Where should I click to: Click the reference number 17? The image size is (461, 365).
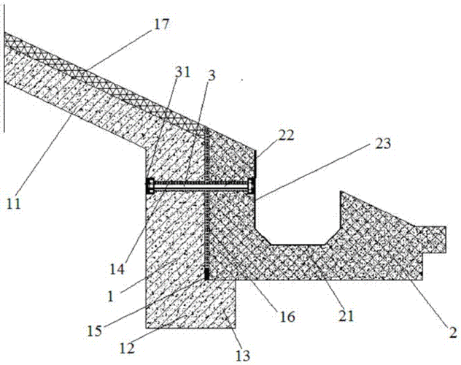coord(161,24)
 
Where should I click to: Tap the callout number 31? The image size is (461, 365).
coord(182,72)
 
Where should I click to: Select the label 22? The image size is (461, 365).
coord(286,136)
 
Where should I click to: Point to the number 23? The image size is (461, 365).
coord(382,144)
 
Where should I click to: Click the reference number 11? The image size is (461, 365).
coord(14,204)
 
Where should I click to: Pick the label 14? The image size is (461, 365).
coord(117,269)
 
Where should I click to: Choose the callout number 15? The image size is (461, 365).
coord(94,331)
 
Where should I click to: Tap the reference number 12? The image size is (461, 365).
coord(127,348)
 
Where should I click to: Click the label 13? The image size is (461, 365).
coord(243,356)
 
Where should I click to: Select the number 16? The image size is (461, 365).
coord(287,317)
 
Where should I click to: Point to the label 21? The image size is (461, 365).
coord(346,317)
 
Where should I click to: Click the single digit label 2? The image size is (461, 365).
coord(453,332)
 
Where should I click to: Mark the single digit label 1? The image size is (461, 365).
coord(111,296)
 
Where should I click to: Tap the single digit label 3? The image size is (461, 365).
coord(212,76)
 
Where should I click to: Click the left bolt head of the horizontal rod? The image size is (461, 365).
coord(150,186)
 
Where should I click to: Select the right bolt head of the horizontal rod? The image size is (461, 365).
coord(252,186)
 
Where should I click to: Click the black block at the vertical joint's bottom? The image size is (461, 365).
coord(206,274)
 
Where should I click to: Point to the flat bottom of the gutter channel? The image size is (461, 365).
coord(298,244)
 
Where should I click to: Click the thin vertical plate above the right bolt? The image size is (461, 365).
coord(255,164)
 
